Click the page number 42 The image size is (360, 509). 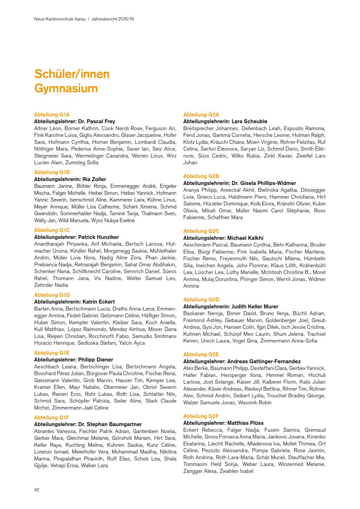click(37, 490)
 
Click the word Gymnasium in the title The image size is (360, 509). click(66, 88)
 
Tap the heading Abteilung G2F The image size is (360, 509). click(201, 416)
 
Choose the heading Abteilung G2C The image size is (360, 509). click(201, 231)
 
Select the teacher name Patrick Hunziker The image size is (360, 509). click(98, 237)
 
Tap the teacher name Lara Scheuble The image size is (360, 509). click(249, 121)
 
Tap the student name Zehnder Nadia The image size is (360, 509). click(51, 285)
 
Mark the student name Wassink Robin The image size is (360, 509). click(255, 402)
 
